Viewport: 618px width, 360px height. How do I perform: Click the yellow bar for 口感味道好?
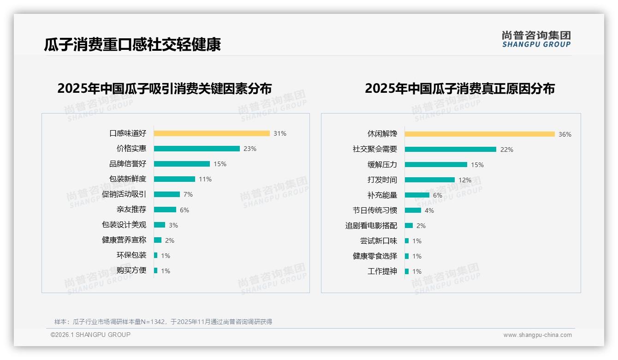click(x=212, y=133)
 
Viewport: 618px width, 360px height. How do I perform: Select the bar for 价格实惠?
click(x=197, y=149)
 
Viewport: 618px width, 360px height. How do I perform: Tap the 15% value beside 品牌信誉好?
click(x=220, y=164)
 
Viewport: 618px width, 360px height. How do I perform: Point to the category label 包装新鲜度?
click(x=128, y=179)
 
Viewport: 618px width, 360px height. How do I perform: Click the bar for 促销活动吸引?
click(x=167, y=194)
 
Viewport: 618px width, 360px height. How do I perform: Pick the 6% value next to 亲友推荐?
click(x=184, y=210)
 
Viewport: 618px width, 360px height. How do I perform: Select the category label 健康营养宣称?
click(x=124, y=240)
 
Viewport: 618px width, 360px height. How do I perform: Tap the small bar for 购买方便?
click(x=156, y=270)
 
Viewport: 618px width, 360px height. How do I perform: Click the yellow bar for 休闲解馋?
click(x=480, y=134)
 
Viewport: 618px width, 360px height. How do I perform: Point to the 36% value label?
click(x=565, y=135)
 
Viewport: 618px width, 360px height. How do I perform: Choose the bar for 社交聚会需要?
click(x=451, y=150)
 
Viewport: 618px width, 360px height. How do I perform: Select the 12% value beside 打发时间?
click(x=465, y=180)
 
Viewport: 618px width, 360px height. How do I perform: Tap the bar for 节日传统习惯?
click(x=413, y=210)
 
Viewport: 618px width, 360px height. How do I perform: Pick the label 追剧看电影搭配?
click(x=371, y=226)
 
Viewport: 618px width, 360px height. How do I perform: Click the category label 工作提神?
click(x=382, y=271)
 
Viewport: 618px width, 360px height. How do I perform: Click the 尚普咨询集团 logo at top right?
click(x=536, y=39)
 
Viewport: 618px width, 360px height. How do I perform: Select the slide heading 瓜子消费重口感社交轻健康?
click(x=132, y=44)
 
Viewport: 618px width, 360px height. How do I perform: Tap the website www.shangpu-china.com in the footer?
click(x=537, y=335)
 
